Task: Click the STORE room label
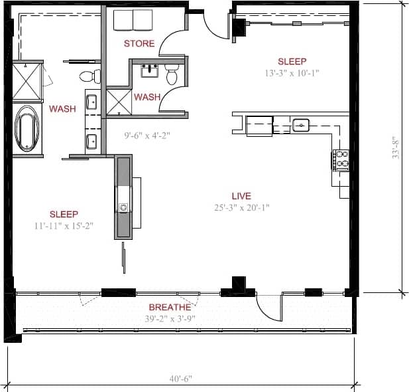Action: (x=139, y=44)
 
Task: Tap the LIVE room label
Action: (x=241, y=196)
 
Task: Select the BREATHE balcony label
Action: (x=170, y=308)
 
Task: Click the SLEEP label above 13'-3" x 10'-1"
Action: (x=292, y=61)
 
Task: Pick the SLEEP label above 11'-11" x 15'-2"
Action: (x=64, y=214)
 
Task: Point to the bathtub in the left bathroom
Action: (x=27, y=129)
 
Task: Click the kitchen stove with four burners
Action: (x=341, y=160)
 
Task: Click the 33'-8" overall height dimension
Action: (x=396, y=145)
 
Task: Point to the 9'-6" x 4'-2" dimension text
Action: (x=147, y=136)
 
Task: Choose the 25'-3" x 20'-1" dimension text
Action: (x=241, y=207)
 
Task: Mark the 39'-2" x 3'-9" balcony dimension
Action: (x=170, y=318)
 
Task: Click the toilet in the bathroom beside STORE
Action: (x=172, y=75)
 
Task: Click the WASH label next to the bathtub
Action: (x=62, y=108)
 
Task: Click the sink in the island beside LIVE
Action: (x=123, y=207)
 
